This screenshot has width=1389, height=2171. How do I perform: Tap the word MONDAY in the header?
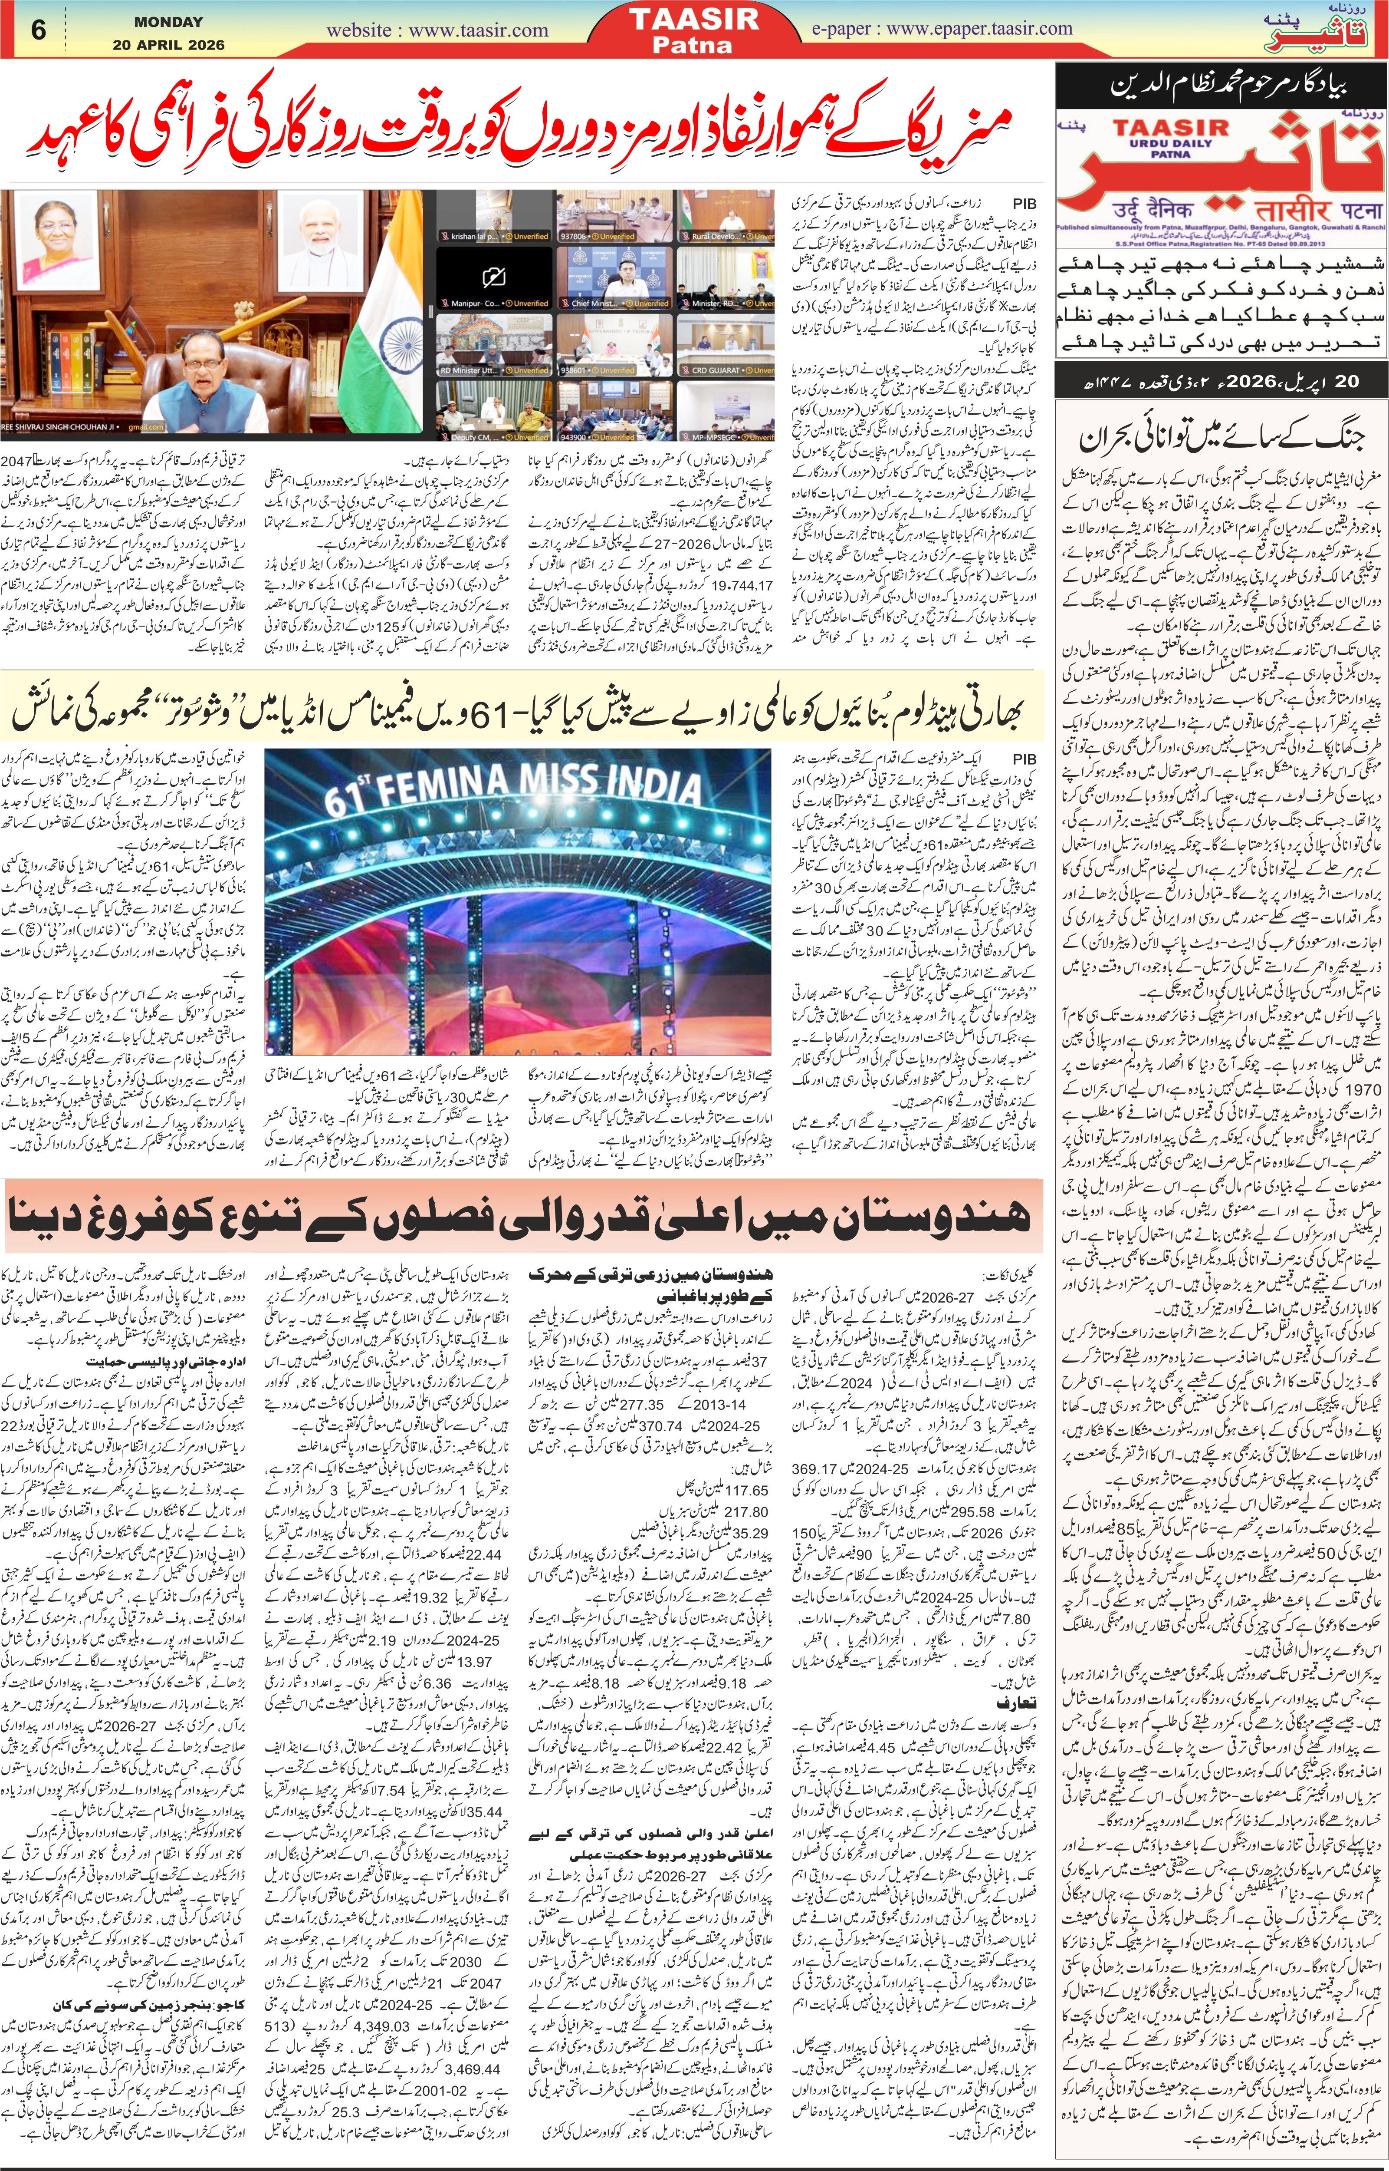point(169,21)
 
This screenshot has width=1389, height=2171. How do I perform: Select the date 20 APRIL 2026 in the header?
point(169,44)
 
